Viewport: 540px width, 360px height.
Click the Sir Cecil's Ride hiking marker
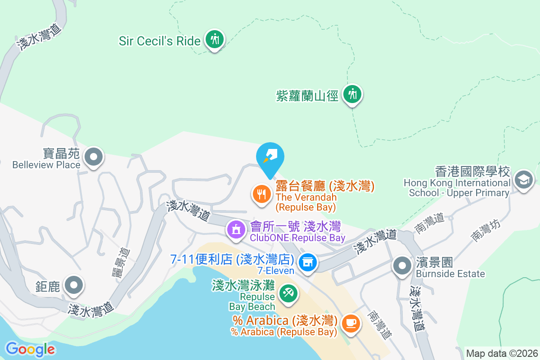(215, 40)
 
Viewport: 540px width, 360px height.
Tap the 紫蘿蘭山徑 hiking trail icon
(352, 94)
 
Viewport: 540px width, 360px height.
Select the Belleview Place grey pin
(94, 157)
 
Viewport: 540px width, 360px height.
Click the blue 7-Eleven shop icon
(308, 262)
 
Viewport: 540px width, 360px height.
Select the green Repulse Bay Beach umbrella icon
(287, 293)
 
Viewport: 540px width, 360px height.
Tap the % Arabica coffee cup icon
(351, 323)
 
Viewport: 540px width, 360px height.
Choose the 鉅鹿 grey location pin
(74, 285)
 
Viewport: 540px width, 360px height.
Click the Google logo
(31, 349)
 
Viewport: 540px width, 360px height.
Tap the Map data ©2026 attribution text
(501, 353)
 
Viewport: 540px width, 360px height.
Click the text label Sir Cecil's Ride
(159, 41)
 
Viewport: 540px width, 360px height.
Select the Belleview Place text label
(46, 164)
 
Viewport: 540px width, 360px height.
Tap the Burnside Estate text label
(450, 274)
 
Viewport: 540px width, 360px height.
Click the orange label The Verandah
(306, 197)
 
